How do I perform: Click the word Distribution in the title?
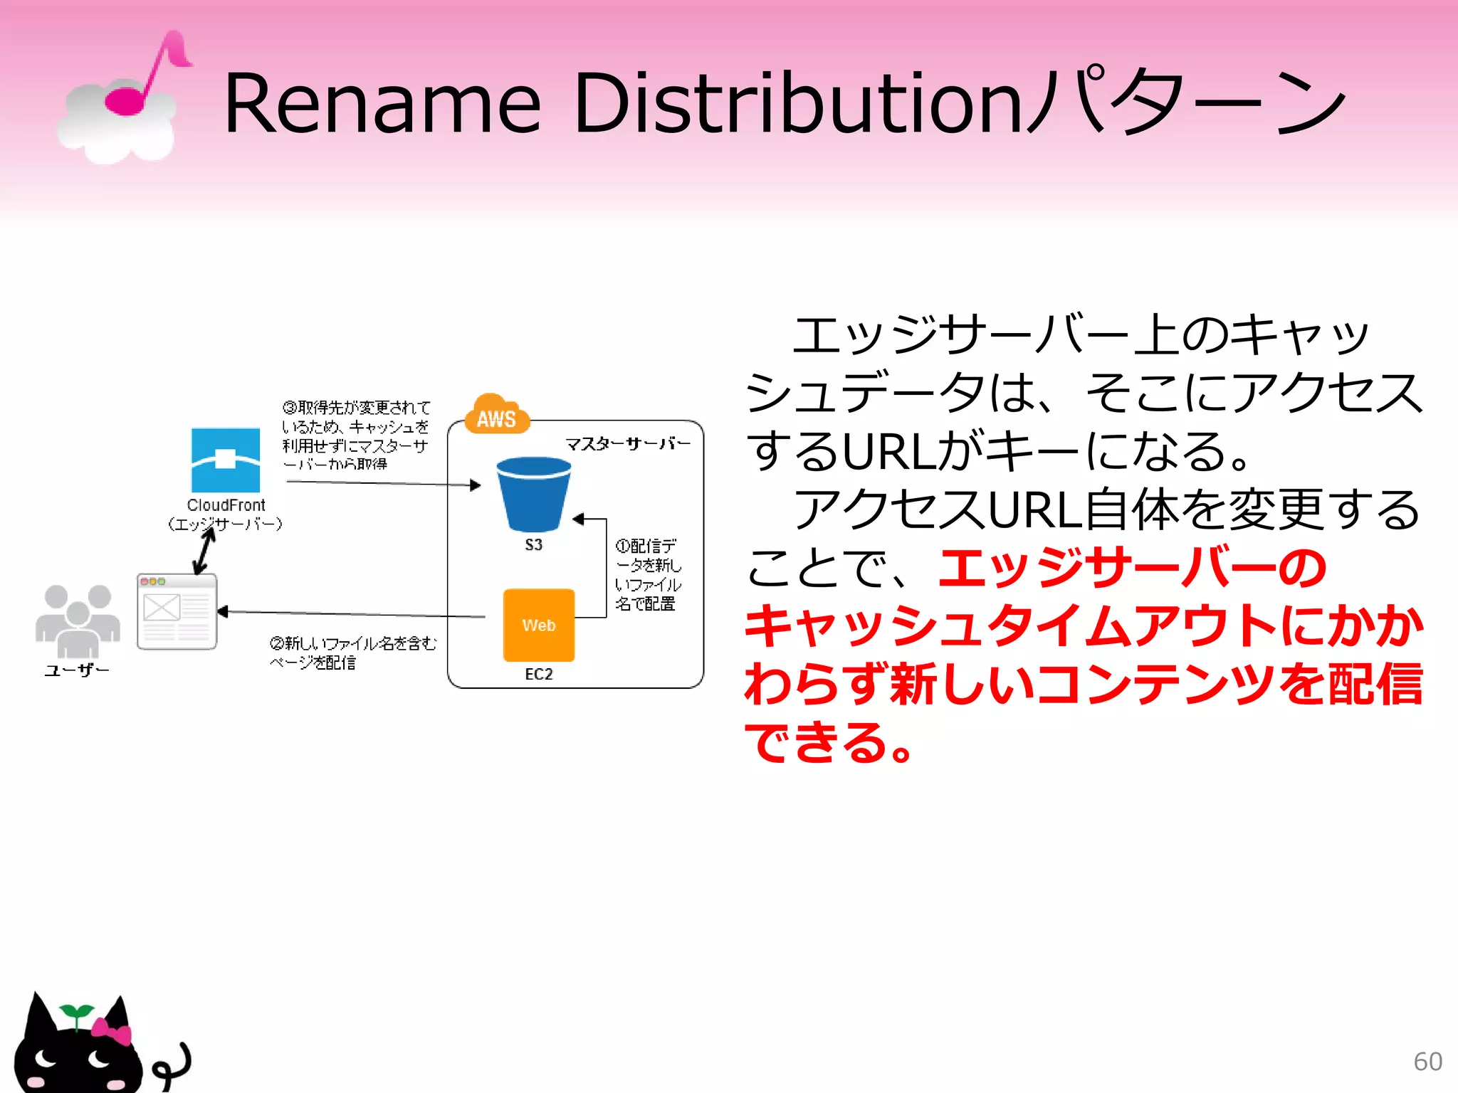[797, 104]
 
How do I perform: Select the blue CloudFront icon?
[226, 460]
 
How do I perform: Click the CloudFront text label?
[226, 505]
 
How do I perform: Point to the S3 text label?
[534, 545]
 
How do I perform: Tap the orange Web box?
[539, 625]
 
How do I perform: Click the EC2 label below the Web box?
[539, 674]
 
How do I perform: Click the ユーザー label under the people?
[77, 670]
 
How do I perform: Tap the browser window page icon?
[177, 611]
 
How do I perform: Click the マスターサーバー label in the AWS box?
[627, 444]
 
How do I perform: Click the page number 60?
[1427, 1062]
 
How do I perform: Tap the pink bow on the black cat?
[112, 1031]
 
